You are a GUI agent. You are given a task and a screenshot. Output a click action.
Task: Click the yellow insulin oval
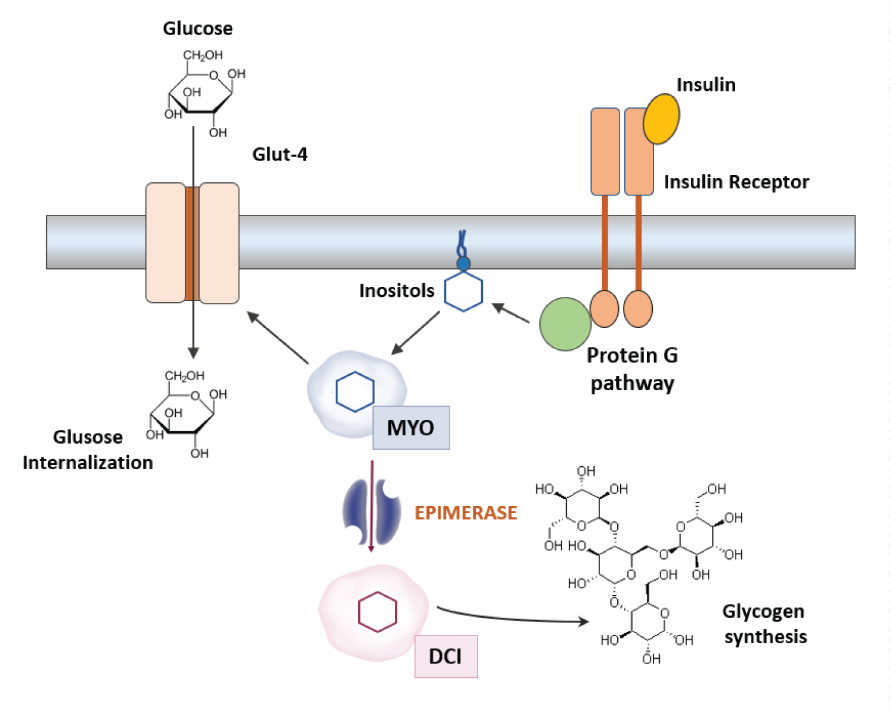coord(661,118)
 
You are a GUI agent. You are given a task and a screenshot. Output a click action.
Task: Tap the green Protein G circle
coord(565,324)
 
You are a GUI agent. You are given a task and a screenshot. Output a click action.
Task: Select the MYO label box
coord(411,428)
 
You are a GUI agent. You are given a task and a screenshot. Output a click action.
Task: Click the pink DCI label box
coord(445,656)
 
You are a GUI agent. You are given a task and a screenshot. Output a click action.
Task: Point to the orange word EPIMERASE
coord(466,513)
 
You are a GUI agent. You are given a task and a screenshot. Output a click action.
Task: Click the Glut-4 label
coord(280,154)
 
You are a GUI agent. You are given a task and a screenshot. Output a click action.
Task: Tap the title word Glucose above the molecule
coord(198,29)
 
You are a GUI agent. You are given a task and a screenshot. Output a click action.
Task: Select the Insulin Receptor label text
coord(736,182)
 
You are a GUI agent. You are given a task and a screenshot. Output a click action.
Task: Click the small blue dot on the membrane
coord(463,264)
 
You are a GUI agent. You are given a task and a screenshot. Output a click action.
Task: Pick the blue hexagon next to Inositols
coord(463,292)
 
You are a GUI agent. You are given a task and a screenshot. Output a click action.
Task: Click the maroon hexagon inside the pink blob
coord(377,612)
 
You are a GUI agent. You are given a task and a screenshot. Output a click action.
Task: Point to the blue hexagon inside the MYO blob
coord(355,391)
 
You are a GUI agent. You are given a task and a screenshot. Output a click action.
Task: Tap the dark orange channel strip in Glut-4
coord(192,244)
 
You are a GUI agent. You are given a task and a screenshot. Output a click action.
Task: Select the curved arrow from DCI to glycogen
coord(511,618)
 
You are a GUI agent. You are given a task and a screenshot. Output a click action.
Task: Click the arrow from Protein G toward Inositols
coord(511,314)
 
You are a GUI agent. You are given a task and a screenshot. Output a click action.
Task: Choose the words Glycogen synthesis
coord(764,624)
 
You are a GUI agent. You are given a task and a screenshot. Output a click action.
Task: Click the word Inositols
coord(397,290)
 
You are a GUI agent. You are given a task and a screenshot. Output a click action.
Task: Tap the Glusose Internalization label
coord(88,450)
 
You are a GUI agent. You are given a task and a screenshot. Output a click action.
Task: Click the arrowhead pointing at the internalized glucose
coord(193,353)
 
